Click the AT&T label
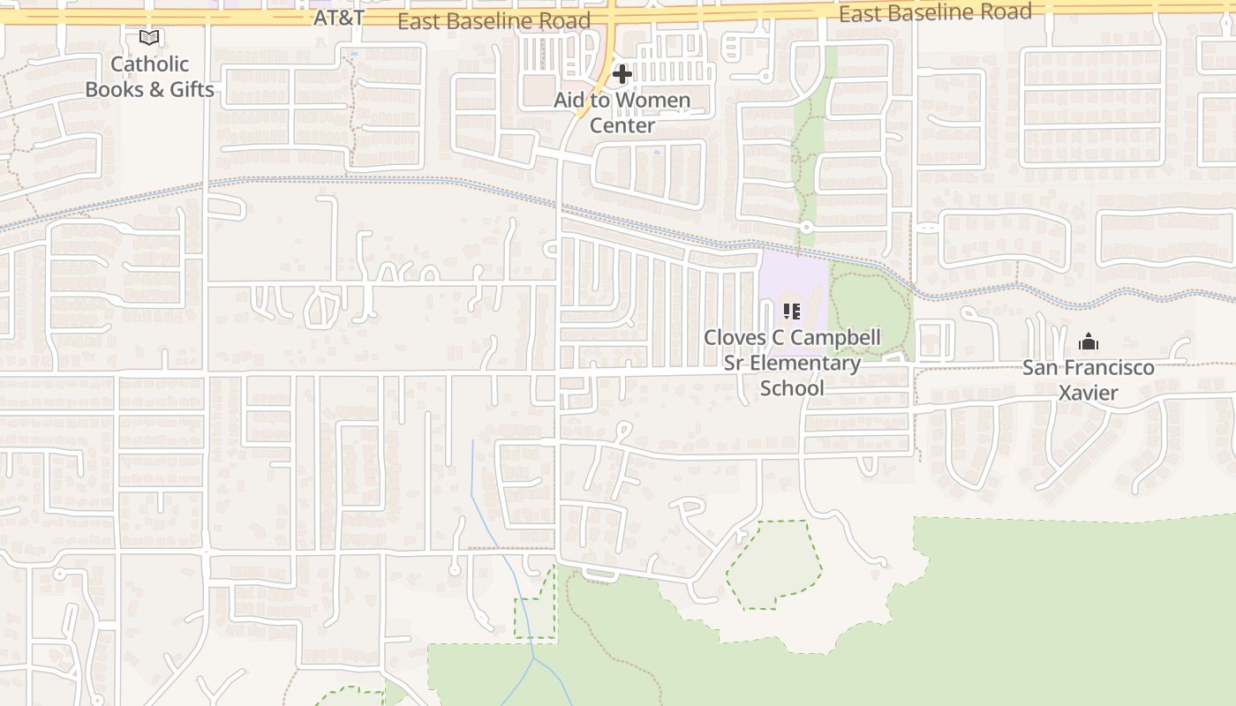(x=339, y=17)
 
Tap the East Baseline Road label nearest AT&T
(x=494, y=21)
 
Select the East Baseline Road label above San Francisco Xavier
(x=935, y=13)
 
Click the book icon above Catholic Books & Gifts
(x=150, y=38)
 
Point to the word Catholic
(x=149, y=64)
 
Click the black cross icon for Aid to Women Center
(x=622, y=75)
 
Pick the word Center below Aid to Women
(x=622, y=125)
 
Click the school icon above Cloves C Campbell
(x=792, y=312)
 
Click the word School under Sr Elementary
(x=792, y=388)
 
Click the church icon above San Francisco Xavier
(x=1089, y=342)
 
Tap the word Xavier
(x=1089, y=394)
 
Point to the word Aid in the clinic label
(x=569, y=101)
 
